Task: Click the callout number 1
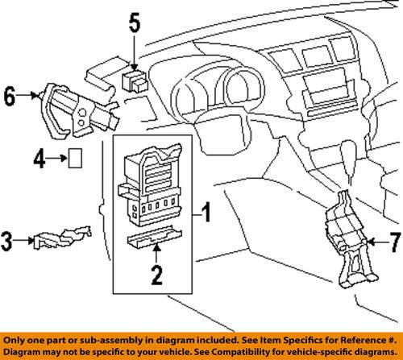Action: (207, 213)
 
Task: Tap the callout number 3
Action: (8, 238)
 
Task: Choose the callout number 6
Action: (10, 97)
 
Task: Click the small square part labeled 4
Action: (74, 159)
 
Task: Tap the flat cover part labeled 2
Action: (156, 241)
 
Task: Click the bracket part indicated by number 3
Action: (61, 238)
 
